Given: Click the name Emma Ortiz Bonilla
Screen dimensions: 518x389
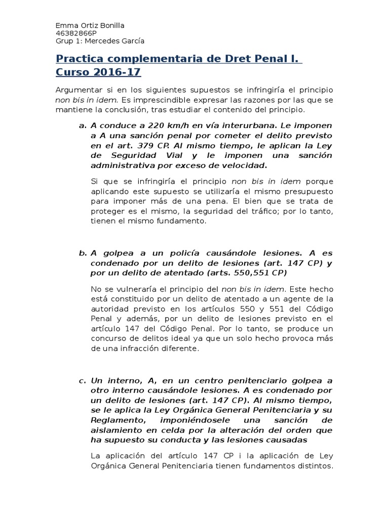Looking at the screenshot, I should [90, 26].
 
